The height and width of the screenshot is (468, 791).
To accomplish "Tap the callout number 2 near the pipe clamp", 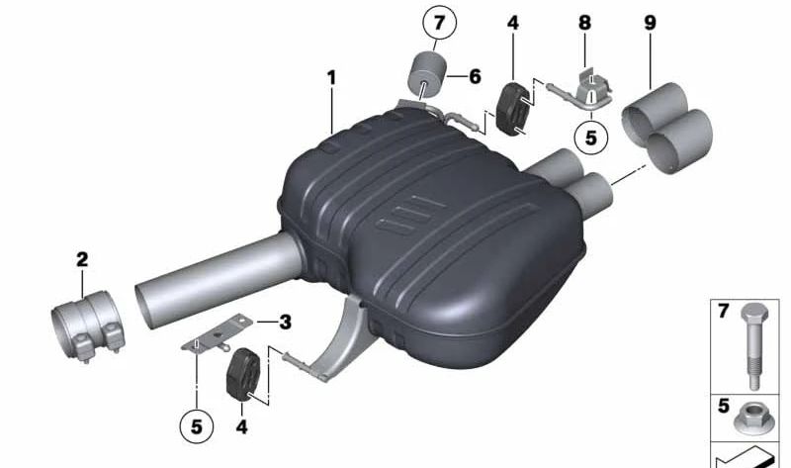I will coord(82,260).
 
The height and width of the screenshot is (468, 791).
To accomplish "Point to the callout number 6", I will coord(475,76).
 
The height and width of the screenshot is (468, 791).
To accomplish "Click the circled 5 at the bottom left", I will coord(196,427).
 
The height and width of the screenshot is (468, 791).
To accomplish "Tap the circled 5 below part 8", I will coord(590,138).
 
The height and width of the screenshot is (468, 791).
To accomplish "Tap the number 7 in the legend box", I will coord(723,312).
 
